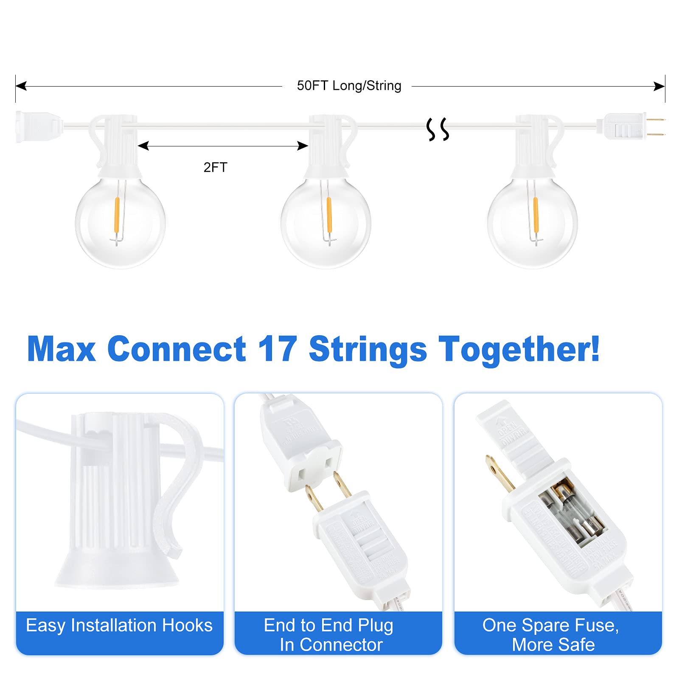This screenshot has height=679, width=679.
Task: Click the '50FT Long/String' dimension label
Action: click(x=349, y=86)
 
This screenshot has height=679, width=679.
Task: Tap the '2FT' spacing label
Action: click(x=215, y=167)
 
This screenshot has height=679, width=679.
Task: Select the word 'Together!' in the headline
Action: click(x=519, y=349)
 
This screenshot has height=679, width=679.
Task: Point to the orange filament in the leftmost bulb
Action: click(x=117, y=214)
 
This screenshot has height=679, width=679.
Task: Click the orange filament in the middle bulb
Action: click(x=329, y=214)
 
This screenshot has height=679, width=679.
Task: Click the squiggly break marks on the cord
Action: click(x=438, y=129)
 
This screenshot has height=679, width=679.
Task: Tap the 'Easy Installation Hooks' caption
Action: click(x=119, y=626)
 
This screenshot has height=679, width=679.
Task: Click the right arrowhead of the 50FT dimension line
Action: click(x=659, y=87)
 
